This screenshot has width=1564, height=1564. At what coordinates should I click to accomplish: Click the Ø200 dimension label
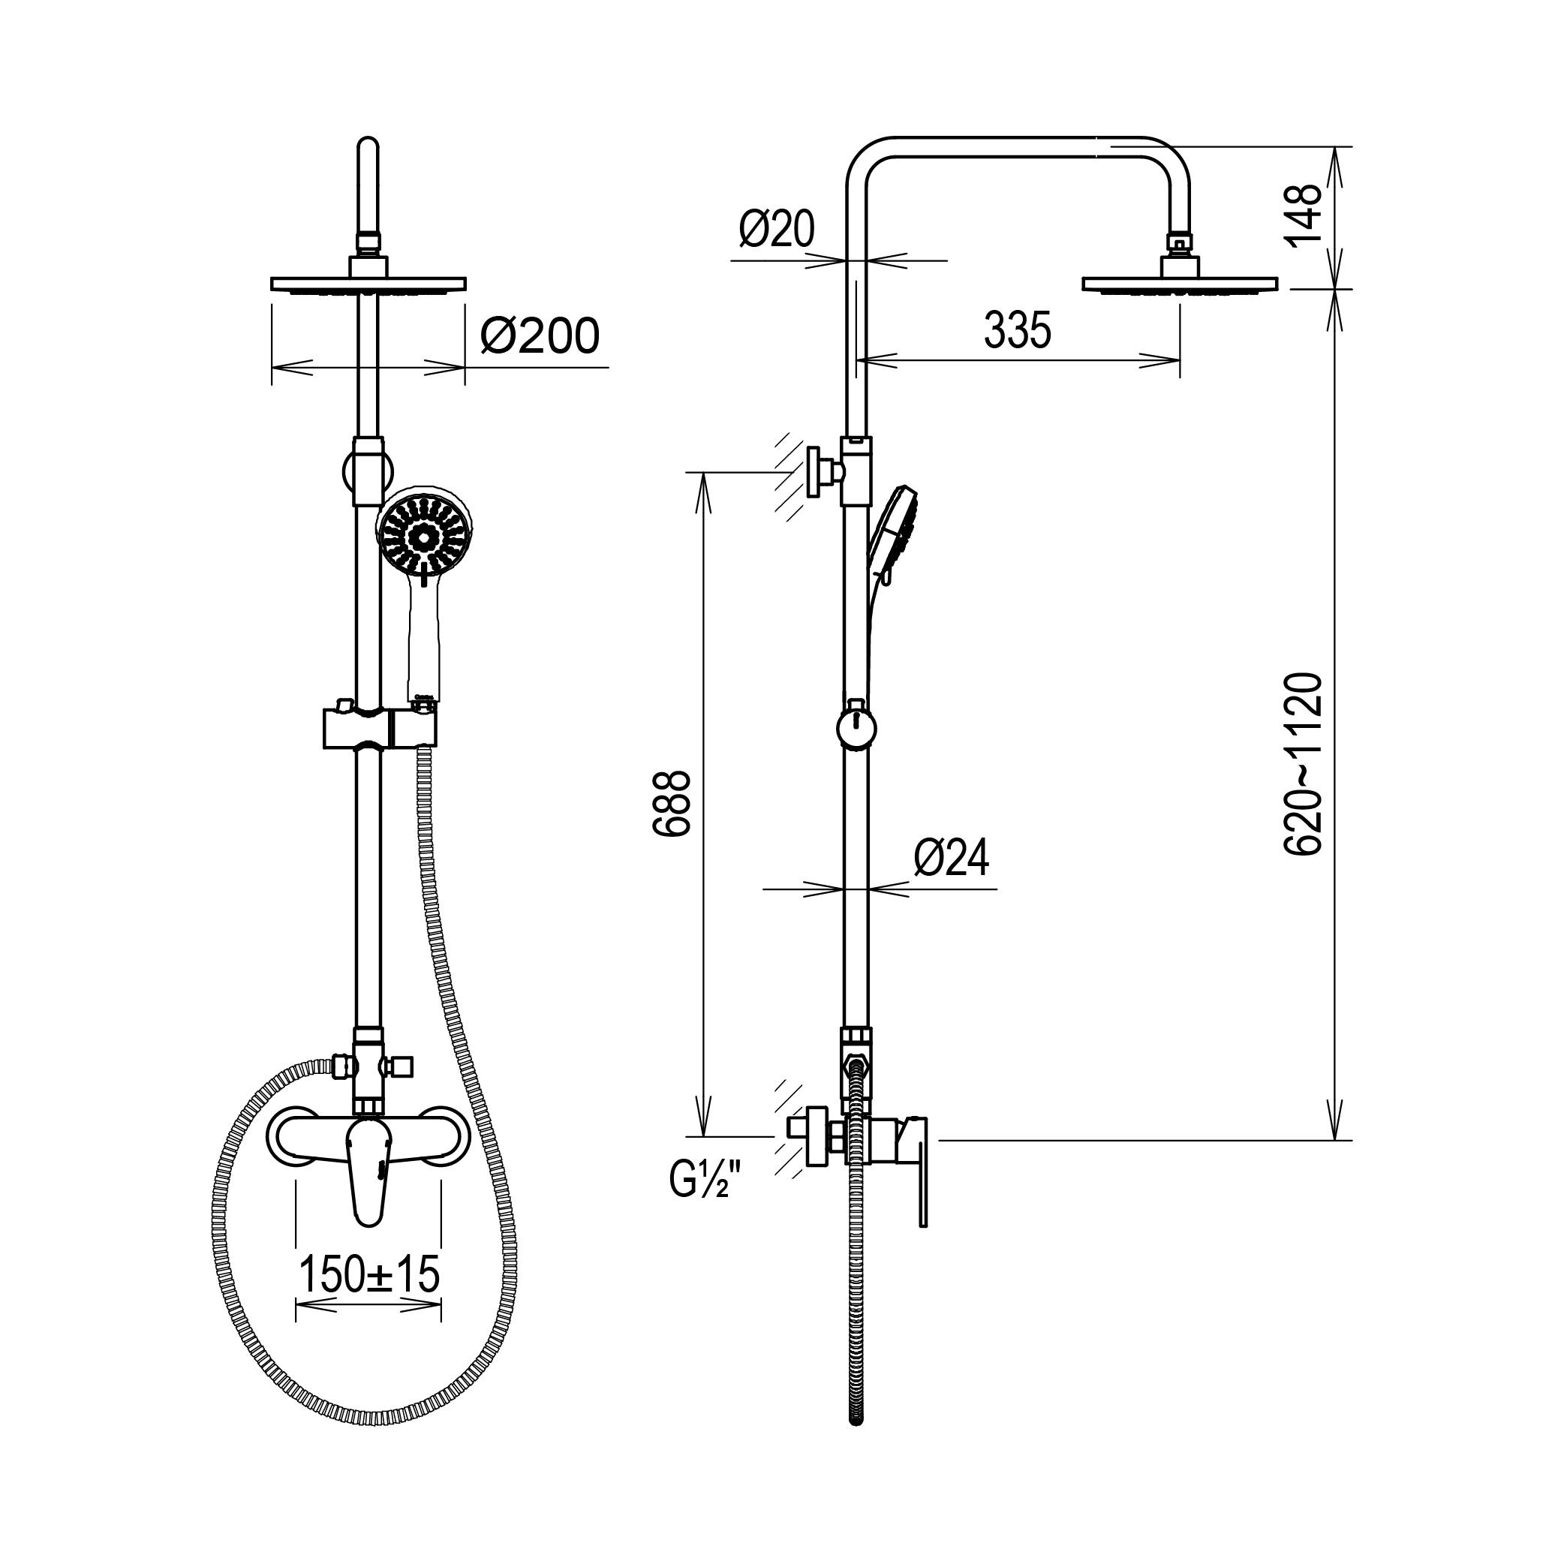pyautogui.click(x=540, y=336)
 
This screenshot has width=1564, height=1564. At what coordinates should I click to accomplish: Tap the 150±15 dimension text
pyautogui.click(x=369, y=1274)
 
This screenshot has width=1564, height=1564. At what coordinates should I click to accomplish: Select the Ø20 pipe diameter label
pyautogui.click(x=776, y=229)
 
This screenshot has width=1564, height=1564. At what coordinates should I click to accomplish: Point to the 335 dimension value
pyautogui.click(x=1018, y=329)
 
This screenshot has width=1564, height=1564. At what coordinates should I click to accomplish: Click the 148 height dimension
pyautogui.click(x=1303, y=214)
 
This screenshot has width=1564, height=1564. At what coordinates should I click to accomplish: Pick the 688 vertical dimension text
pyautogui.click(x=671, y=803)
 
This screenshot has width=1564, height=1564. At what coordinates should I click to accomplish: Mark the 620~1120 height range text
pyautogui.click(x=1303, y=763)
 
